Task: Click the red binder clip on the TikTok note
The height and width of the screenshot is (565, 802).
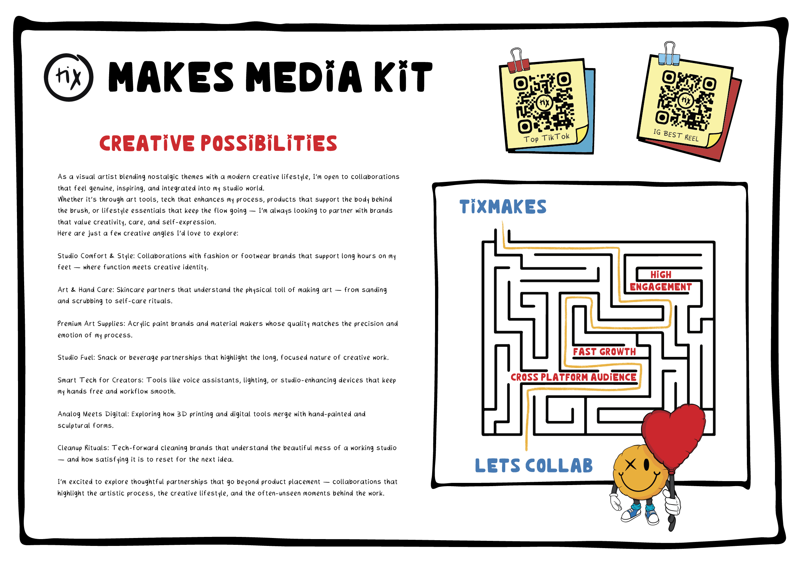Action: tap(518, 64)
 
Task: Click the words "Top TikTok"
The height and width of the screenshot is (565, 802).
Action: tap(546, 138)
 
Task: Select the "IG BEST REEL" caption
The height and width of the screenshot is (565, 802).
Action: tap(676, 135)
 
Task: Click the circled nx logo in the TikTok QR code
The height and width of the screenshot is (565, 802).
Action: tap(544, 103)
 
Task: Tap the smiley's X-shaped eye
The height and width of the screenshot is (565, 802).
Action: tap(631, 465)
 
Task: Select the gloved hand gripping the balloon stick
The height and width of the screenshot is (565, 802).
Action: tap(672, 504)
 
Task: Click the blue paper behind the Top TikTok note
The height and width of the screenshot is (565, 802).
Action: tap(590, 108)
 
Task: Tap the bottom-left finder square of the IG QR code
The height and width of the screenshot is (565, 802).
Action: tap(662, 117)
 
